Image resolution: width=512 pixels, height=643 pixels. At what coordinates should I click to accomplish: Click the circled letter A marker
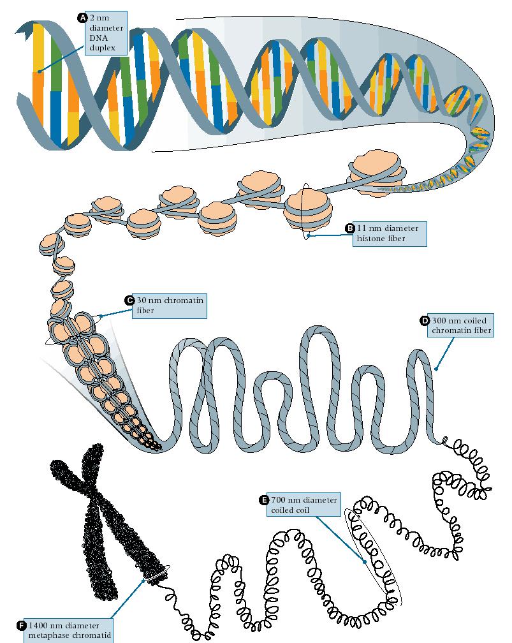pyautogui.click(x=82, y=18)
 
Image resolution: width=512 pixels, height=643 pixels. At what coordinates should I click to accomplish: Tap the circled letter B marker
pyautogui.click(x=349, y=228)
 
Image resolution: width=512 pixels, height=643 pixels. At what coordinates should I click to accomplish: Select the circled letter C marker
pyautogui.click(x=129, y=300)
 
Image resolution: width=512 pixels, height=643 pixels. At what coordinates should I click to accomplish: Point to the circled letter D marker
pyautogui.click(x=424, y=321)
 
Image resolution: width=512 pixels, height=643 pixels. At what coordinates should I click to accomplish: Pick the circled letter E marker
pyautogui.click(x=263, y=499)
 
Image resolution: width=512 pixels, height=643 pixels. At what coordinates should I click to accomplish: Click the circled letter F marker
pyautogui.click(x=22, y=626)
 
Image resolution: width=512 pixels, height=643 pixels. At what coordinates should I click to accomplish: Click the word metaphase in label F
pyautogui.click(x=52, y=636)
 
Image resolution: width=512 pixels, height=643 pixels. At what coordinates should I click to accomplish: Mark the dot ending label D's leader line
pyautogui.click(x=437, y=369)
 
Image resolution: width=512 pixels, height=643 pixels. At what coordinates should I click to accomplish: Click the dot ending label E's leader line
pyautogui.click(x=364, y=562)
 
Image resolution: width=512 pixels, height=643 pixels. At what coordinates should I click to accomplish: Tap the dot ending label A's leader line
pyautogui.click(x=40, y=71)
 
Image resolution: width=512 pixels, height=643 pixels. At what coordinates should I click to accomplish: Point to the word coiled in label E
pyautogui.click(x=282, y=510)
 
